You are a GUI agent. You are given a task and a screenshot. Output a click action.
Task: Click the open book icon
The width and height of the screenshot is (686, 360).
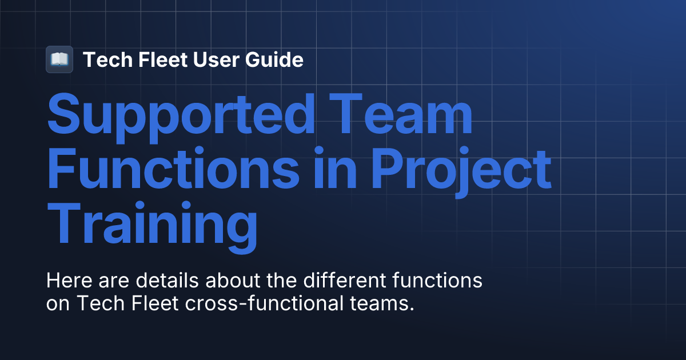pos(59,59)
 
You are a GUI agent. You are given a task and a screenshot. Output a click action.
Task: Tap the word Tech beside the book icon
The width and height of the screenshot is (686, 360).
pos(103,59)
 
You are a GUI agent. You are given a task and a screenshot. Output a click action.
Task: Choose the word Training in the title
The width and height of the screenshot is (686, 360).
pos(151,224)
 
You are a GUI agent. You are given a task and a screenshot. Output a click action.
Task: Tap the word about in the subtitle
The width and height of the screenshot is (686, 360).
pos(241,281)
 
